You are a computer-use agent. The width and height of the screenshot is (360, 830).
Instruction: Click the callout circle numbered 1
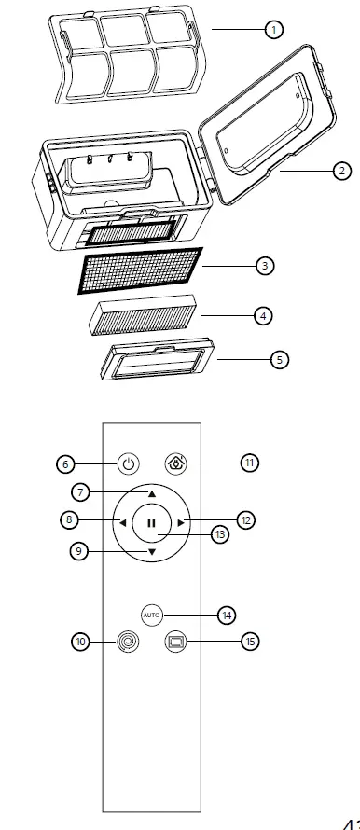point(274,30)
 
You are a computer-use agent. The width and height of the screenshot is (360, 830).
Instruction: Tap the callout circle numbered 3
point(266,266)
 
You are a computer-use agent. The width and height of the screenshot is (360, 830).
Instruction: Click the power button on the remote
point(130,463)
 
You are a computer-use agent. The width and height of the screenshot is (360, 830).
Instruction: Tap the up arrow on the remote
point(151,491)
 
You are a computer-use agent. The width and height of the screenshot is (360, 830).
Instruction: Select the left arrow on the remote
point(120,522)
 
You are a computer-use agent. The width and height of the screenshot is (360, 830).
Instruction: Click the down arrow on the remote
point(151,553)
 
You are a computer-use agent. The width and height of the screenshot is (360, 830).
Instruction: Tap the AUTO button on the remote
point(151,615)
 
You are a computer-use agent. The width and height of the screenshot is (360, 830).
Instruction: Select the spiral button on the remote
point(125,642)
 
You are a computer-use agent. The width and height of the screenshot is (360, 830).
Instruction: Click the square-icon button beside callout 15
point(176,642)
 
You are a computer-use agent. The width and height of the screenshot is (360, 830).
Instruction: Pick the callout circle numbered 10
point(81,642)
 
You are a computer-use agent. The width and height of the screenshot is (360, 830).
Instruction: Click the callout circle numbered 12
point(245,520)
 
